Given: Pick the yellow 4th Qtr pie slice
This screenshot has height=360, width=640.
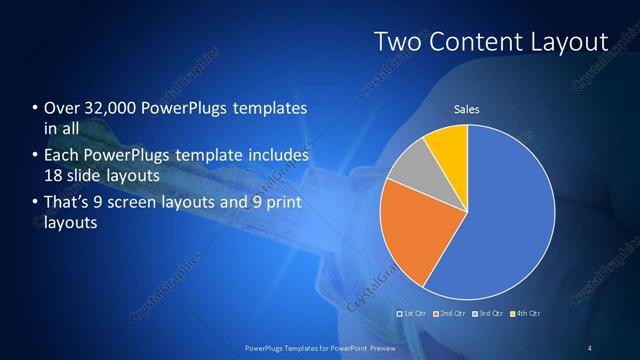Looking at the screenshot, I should point(448,145).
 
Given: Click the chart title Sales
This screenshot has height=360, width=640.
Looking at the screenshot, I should point(467,108).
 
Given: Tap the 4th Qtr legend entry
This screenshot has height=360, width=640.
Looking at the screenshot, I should point(524,314).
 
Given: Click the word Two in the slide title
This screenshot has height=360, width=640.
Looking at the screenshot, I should point(396,42).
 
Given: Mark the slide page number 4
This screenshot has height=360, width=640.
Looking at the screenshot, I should point(590,347).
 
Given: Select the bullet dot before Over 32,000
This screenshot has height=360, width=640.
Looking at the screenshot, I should point(35,108).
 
